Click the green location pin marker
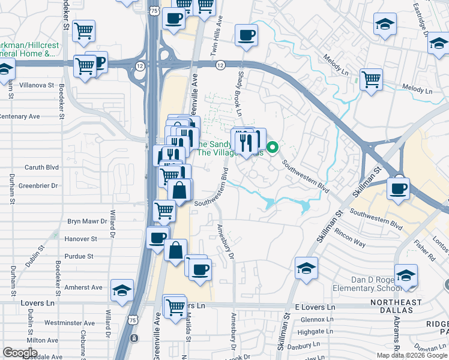point(273,146)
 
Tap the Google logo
point(20,353)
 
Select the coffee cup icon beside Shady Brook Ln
point(246,35)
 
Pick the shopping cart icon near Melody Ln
point(372,79)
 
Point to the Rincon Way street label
point(351,244)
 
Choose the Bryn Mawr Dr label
point(86,221)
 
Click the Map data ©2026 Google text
point(412,355)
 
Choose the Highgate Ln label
point(315,331)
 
